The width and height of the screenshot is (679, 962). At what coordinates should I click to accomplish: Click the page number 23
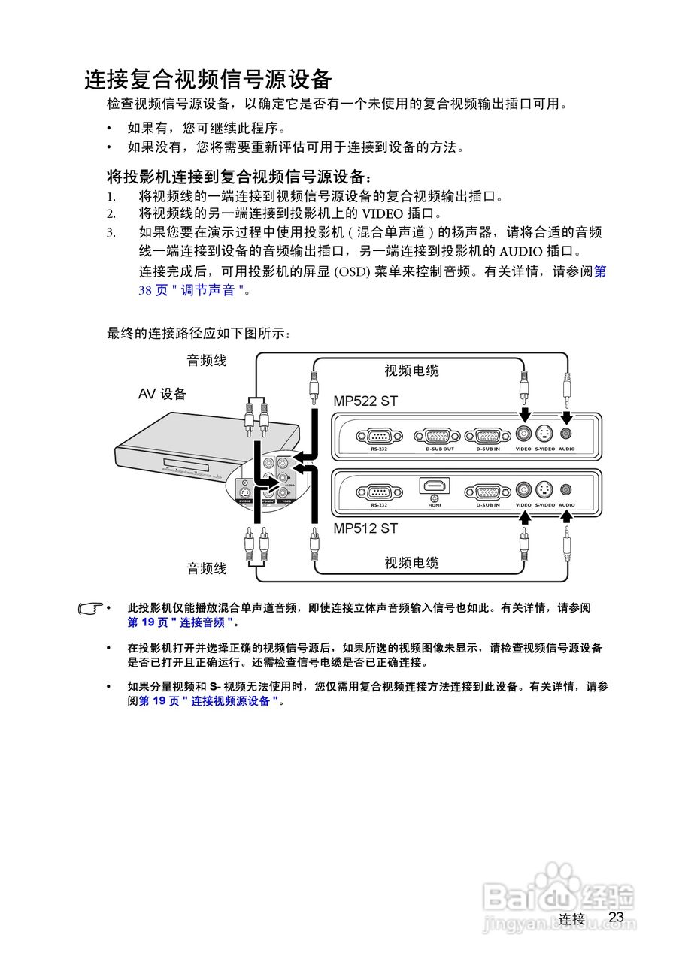[617, 917]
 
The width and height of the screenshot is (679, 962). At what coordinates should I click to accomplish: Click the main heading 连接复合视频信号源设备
[208, 79]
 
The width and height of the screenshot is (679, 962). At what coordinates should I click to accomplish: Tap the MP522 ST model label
[365, 401]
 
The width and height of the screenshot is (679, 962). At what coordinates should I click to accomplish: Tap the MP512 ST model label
[365, 528]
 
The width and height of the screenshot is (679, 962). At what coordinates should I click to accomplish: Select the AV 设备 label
[162, 394]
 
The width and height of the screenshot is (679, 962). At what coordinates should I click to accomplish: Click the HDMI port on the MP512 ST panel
[433, 488]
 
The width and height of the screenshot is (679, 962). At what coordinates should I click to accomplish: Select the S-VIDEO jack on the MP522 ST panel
[544, 433]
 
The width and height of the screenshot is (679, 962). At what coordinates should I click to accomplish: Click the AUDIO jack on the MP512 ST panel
[566, 490]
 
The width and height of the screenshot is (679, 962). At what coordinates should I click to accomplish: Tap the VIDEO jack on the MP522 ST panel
[523, 433]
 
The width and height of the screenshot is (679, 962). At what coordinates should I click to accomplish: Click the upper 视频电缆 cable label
[411, 371]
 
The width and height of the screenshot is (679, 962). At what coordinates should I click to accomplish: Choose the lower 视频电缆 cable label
[411, 563]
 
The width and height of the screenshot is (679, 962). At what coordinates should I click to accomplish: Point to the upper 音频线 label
[206, 361]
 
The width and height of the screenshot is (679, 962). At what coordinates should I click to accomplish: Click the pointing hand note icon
[91, 608]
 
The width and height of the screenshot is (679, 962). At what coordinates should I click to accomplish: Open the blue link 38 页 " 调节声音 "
[191, 290]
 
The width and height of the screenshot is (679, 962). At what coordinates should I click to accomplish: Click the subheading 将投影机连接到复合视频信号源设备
[238, 177]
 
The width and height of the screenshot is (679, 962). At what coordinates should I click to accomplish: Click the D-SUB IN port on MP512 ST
[487, 492]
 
